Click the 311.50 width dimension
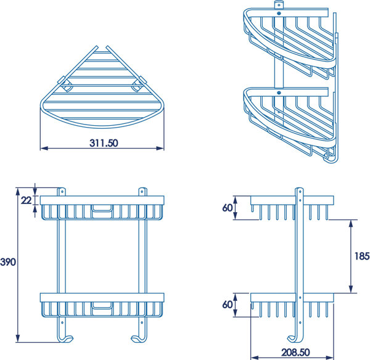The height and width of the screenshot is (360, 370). (102, 143)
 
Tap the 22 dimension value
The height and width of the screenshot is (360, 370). (25, 200)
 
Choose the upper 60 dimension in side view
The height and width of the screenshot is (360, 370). (227, 207)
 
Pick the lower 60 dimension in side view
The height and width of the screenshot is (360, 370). (227, 305)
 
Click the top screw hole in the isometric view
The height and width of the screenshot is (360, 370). (279, 13)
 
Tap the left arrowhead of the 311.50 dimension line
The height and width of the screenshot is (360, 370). (42, 148)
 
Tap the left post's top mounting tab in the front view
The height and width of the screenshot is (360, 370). (62, 191)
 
